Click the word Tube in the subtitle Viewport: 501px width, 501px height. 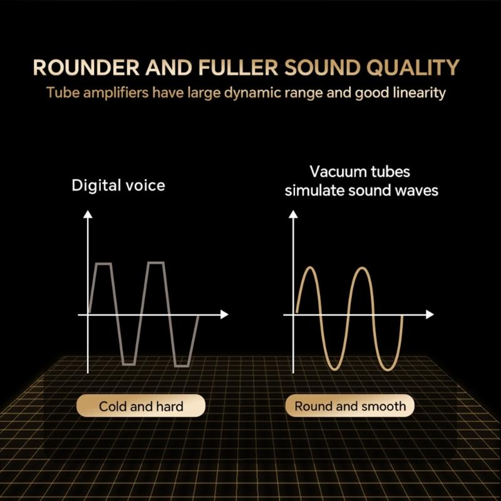click(x=61, y=93)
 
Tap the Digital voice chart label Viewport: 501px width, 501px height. click(x=118, y=185)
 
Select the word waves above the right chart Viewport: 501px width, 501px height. click(x=413, y=190)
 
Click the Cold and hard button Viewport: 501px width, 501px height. click(x=141, y=406)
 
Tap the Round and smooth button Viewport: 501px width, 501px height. click(x=350, y=406)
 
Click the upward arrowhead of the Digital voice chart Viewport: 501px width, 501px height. click(x=88, y=214)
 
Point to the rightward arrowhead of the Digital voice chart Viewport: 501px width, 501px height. click(x=225, y=314)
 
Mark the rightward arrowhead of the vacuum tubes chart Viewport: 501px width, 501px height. click(x=430, y=314)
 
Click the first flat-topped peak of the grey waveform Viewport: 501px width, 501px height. click(x=103, y=264)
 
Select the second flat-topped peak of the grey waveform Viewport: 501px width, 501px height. click(x=156, y=264)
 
